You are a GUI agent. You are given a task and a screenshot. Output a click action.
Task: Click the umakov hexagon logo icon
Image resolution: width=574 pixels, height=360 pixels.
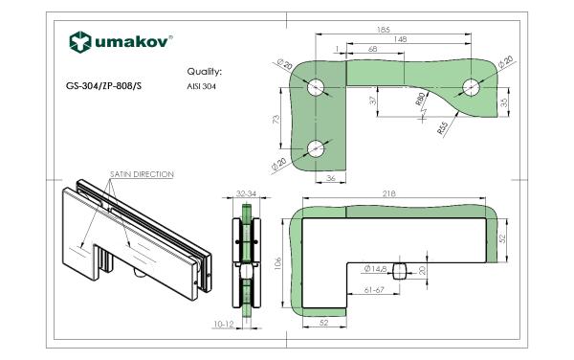[x=80, y=42]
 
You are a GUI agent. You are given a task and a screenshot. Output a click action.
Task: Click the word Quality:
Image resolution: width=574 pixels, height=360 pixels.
[x=205, y=72]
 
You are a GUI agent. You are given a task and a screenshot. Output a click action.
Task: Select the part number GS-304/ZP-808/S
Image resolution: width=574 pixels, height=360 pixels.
[x=103, y=86]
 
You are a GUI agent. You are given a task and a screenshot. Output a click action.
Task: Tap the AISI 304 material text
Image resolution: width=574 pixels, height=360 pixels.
[x=201, y=87]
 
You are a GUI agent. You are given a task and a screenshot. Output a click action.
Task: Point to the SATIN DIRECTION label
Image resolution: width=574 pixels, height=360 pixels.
[x=142, y=174]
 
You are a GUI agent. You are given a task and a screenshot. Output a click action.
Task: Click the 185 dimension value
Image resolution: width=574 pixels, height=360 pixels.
[x=384, y=30]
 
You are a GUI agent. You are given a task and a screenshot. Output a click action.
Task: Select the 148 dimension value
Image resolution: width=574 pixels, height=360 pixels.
[x=401, y=39]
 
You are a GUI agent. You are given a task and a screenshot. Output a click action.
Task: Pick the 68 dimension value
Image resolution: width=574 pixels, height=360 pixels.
[x=372, y=49]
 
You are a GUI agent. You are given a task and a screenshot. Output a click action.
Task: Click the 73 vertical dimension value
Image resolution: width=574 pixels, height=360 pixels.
[x=276, y=119]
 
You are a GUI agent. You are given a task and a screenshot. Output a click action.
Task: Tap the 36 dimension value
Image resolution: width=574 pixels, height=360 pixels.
[x=331, y=178]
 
